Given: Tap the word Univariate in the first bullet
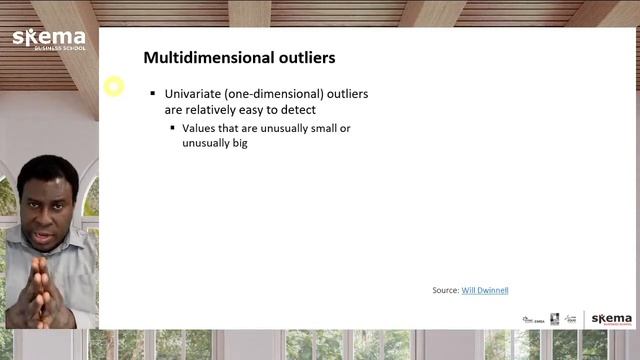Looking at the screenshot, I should tap(193, 94).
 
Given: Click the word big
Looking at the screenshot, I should tap(235, 143).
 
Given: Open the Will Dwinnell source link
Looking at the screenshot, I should tap(485, 290).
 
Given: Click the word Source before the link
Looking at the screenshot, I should tap(445, 290).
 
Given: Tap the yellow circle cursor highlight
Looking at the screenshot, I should tap(114, 86).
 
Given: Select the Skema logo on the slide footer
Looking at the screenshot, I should tap(611, 319).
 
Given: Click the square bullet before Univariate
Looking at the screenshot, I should tap(153, 94).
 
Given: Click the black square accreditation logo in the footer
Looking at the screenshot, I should tap(554, 319).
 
